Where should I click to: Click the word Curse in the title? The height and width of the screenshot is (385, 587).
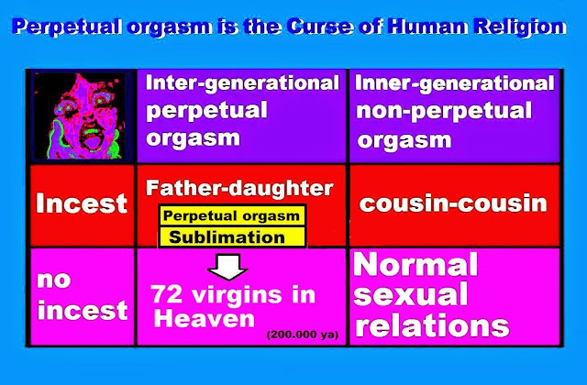[320, 27]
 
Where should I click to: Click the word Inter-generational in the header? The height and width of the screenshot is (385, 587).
[242, 83]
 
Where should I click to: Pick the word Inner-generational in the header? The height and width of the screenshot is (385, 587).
[454, 83]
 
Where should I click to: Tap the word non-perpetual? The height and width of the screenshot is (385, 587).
[444, 111]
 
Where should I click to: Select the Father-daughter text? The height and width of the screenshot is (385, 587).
[239, 188]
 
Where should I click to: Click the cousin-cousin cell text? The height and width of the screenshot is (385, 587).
[453, 203]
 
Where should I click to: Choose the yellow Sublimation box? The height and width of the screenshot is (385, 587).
[232, 237]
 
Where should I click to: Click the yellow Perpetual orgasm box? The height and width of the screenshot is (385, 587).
[232, 216]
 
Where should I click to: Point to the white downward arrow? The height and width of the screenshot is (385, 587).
[227, 267]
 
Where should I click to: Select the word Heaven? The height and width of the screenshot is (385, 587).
[204, 319]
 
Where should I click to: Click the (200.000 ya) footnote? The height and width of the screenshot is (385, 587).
[303, 335]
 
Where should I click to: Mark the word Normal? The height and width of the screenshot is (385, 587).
[415, 264]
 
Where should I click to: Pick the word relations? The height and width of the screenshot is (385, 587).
[432, 325]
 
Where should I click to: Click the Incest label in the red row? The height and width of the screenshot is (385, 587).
[82, 203]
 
